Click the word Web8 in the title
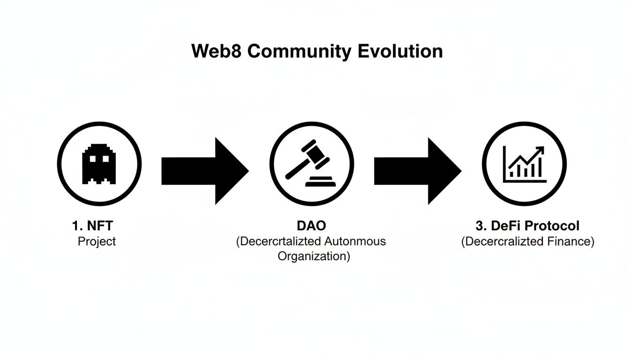tap(216, 51)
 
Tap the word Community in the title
tap(299, 51)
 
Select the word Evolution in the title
tap(400, 51)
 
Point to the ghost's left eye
tap(93, 159)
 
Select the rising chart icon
tap(525, 164)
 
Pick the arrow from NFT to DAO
tap(205, 171)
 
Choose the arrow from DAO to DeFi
tap(417, 171)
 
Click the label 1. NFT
tap(93, 226)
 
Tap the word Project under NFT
tap(97, 241)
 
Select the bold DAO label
tap(311, 226)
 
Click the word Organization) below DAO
tap(314, 256)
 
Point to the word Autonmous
tap(356, 241)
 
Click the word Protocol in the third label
tap(552, 226)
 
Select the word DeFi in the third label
tap(505, 226)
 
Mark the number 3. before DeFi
tap(481, 226)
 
